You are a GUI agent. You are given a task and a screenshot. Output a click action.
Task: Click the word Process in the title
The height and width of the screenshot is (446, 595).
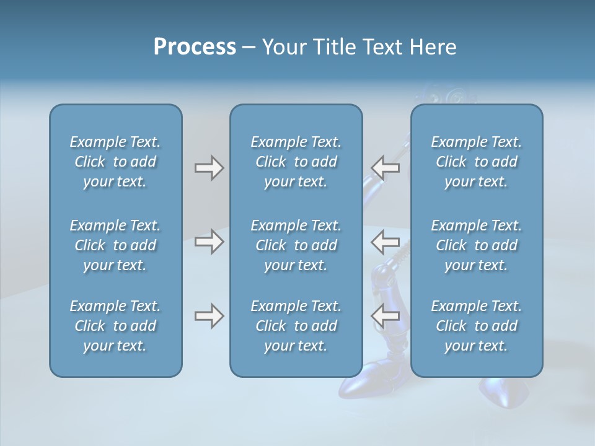[195, 47]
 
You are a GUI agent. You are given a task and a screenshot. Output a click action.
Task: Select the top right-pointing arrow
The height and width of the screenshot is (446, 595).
[209, 168]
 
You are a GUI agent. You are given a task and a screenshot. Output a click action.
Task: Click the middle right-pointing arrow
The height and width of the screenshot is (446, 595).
[209, 242]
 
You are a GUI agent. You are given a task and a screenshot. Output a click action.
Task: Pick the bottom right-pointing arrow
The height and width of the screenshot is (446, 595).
[209, 317]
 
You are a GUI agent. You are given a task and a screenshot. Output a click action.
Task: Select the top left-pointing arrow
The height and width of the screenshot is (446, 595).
[385, 168]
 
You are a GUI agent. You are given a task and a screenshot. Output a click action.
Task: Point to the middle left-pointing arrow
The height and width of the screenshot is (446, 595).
[385, 242]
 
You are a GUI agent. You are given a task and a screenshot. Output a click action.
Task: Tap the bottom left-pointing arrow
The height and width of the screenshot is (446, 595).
[385, 317]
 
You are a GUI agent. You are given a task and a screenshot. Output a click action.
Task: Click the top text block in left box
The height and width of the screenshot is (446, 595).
[115, 162]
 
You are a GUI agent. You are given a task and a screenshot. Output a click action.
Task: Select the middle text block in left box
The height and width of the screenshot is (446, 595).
[115, 245]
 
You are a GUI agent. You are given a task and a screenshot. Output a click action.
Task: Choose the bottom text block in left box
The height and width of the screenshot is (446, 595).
[115, 326]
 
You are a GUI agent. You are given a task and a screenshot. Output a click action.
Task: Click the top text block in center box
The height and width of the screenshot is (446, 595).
[296, 162]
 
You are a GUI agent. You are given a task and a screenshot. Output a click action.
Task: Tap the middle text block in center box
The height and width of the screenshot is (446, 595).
[296, 245]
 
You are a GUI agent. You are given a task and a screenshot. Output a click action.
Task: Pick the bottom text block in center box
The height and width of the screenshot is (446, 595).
[296, 326]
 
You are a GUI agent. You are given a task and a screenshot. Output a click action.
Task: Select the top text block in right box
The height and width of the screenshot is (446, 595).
[476, 162]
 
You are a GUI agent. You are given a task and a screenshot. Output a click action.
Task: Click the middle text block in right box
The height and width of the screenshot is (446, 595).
[476, 245]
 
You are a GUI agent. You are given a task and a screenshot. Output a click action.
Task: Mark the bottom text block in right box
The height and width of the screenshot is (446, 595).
[476, 326]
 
